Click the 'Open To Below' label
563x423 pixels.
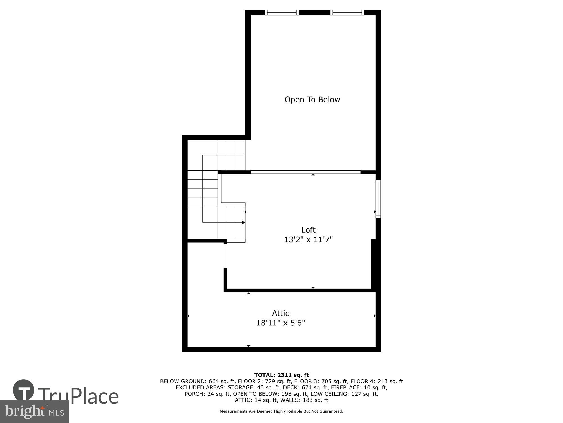[x=312, y=100]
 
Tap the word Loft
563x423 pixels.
[x=308, y=230]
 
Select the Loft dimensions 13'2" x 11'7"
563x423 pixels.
[x=308, y=239]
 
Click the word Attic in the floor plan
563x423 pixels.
[x=281, y=313]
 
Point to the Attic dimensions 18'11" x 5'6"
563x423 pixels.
[x=281, y=323]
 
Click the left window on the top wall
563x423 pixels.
[x=282, y=12]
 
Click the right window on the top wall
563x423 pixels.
[x=347, y=12]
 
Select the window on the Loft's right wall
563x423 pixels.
[x=378, y=199]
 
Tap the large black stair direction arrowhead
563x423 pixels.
[x=243, y=222]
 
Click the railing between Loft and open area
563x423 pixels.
[x=305, y=172]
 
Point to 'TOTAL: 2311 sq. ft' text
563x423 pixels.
[x=281, y=375]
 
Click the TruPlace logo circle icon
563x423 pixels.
[x=24, y=390]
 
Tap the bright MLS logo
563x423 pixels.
[x=34, y=412]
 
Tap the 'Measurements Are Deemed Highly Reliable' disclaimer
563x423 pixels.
[x=281, y=411]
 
